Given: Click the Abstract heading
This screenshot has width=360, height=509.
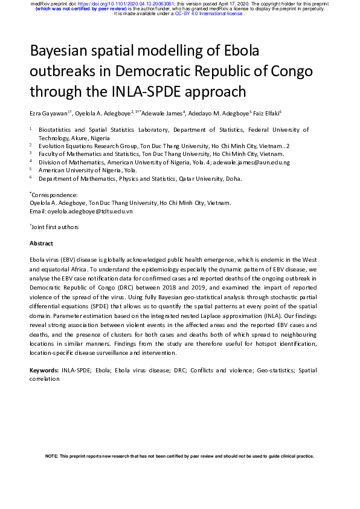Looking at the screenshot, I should (x=41, y=243).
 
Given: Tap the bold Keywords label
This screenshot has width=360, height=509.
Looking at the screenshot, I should (x=45, y=370).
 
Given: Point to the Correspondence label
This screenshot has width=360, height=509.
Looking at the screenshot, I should (x=54, y=195).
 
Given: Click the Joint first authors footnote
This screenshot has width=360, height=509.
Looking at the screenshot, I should (x=55, y=227).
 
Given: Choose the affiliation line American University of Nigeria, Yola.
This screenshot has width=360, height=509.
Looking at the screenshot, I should (x=88, y=170).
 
